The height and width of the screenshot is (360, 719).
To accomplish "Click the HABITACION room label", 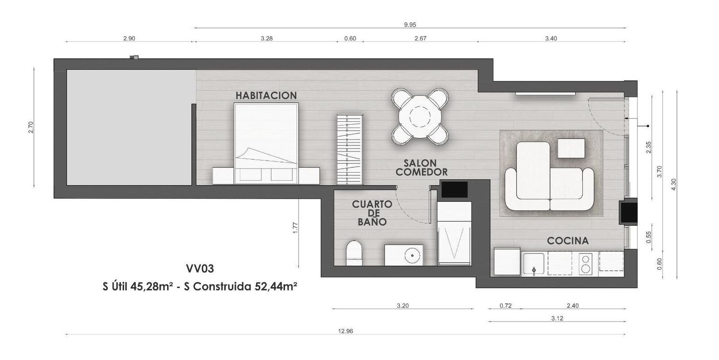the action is pyautogui.click(x=266, y=95).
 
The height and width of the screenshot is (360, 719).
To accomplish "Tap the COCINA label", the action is pyautogui.click(x=568, y=241).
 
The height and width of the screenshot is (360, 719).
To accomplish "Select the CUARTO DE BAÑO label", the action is pyautogui.click(x=372, y=213).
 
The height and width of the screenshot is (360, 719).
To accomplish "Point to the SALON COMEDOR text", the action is pyautogui.click(x=421, y=167).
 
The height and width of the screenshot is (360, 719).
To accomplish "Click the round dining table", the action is pyautogui.click(x=419, y=117).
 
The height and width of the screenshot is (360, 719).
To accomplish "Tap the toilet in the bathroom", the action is pyautogui.click(x=354, y=253).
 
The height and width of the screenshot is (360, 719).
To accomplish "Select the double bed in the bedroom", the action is pyautogui.click(x=267, y=143).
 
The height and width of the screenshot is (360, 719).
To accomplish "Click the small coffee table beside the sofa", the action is pyautogui.click(x=571, y=148).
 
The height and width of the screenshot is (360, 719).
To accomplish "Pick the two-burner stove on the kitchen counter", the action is pyautogui.click(x=585, y=264).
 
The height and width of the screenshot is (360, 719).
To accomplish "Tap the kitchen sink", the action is pyautogui.click(x=533, y=264).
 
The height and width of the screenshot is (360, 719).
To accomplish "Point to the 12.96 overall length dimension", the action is pyautogui.click(x=346, y=331).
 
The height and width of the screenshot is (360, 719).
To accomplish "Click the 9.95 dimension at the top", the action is pyautogui.click(x=410, y=25).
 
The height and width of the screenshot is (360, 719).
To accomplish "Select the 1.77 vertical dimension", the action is pyautogui.click(x=296, y=228).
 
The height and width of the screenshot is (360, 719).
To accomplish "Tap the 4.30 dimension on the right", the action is pyautogui.click(x=673, y=185).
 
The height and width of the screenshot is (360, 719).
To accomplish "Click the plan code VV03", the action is pyautogui.click(x=200, y=268).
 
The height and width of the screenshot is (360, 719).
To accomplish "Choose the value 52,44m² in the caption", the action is pyautogui.click(x=276, y=287).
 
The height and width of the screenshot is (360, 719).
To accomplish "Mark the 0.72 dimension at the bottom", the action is pyautogui.click(x=506, y=306).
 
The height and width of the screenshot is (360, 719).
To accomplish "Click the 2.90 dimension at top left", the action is pyautogui.click(x=129, y=38).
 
